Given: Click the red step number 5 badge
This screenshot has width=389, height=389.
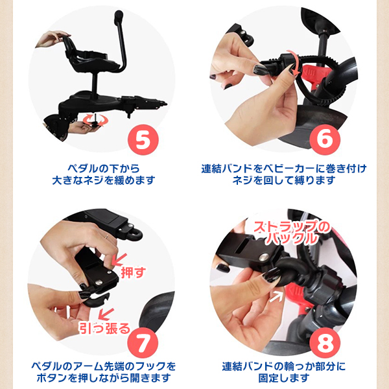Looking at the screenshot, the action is click(143, 140).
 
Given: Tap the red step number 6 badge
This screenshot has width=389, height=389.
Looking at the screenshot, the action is click(325, 139).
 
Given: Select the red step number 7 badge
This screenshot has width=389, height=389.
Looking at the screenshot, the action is click(143, 343).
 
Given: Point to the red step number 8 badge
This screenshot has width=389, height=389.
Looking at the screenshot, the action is click(325, 343).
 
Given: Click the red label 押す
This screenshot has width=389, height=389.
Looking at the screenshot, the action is click(134, 272).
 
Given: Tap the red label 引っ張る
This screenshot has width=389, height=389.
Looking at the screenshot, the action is click(104, 328).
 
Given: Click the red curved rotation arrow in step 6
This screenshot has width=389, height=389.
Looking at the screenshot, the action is click(295, 64).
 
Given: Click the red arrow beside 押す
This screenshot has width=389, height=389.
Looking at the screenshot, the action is click(119, 259).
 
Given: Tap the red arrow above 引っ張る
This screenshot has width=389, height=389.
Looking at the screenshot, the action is click(106, 314).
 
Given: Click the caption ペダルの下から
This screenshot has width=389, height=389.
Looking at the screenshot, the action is click(104, 169).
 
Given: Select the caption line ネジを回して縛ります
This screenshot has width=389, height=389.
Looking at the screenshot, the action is click(284, 180).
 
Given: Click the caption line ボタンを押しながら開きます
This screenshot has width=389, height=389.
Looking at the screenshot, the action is click(104, 378).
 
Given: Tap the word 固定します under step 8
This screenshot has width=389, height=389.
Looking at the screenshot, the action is click(284, 378).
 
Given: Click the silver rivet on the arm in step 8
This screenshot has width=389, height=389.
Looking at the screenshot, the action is click(264, 257).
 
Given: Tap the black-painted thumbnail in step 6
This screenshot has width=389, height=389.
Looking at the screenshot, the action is click(261, 69).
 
